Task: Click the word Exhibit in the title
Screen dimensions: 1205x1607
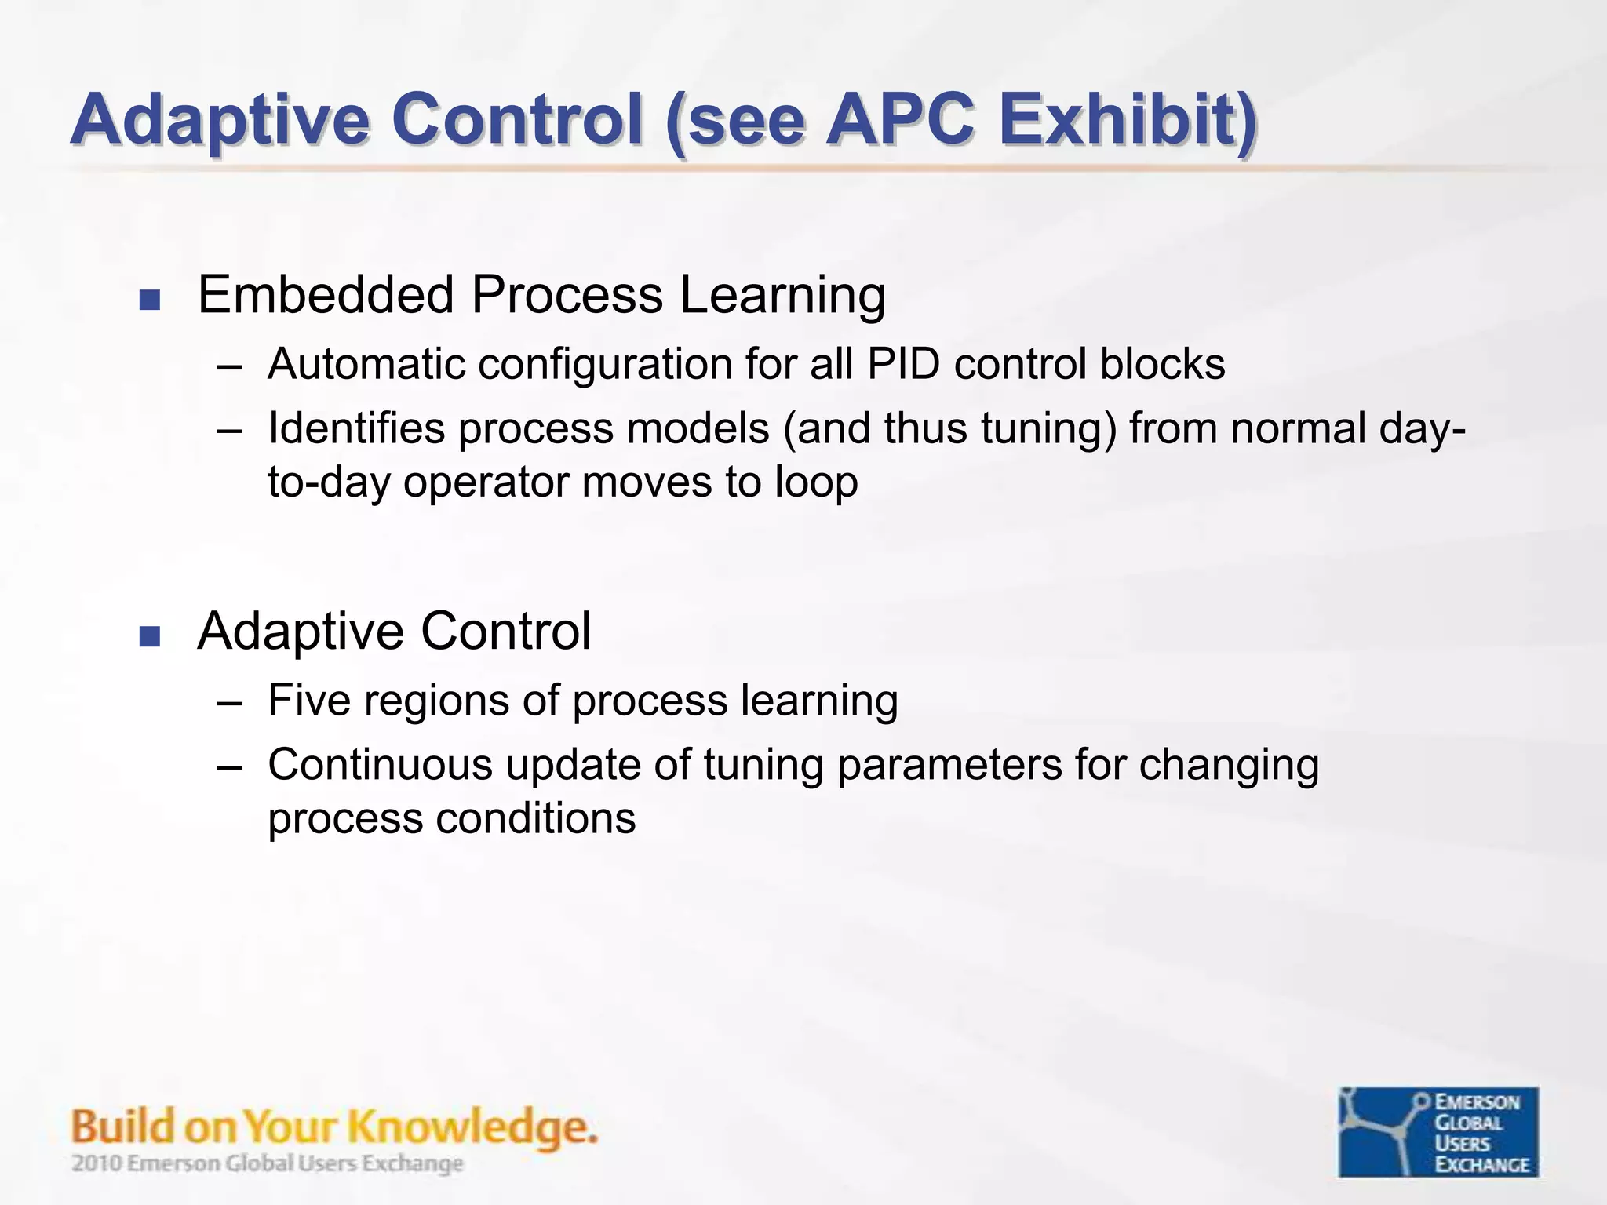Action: click(1127, 119)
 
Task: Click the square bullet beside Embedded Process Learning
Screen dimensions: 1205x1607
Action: click(149, 300)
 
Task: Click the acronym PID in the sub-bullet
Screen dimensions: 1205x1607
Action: click(902, 364)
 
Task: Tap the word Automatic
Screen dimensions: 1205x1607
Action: click(366, 364)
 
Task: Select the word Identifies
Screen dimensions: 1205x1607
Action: click(356, 429)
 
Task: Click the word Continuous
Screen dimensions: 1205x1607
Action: click(380, 765)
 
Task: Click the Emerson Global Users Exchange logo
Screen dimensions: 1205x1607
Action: click(1438, 1131)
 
